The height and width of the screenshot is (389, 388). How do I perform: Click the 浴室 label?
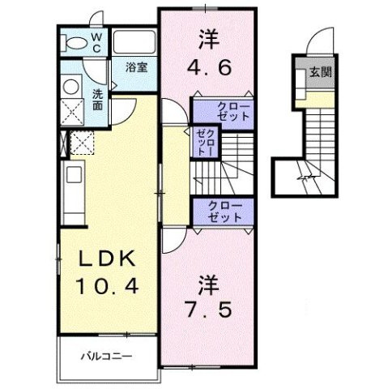pos(135,67)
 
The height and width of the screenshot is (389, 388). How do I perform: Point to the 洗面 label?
pos(97,98)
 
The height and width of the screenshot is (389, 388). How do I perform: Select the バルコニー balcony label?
pos(105,354)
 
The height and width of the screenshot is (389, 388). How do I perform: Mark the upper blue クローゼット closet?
pos(224,112)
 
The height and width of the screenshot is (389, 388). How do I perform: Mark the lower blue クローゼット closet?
pos(224,212)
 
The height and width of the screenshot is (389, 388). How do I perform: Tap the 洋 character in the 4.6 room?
pos(207,37)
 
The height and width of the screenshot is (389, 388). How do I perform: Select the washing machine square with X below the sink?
pos(74,111)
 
